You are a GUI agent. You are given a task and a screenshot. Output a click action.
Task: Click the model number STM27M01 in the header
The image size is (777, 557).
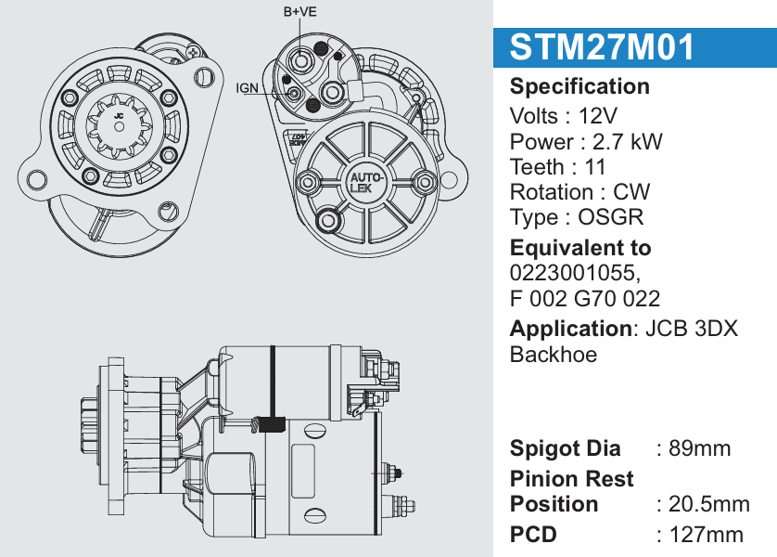(602, 46)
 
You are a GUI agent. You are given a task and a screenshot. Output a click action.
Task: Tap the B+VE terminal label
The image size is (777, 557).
(299, 12)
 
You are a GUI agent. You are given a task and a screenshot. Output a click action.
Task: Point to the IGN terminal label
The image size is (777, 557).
(248, 87)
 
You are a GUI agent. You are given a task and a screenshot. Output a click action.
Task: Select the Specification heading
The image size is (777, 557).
(580, 86)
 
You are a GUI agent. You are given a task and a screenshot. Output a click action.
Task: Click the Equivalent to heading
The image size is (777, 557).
(580, 248)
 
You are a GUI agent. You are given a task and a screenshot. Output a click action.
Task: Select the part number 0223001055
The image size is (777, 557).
(571, 273)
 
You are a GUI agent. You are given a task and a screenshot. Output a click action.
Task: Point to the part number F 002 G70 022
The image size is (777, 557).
(585, 298)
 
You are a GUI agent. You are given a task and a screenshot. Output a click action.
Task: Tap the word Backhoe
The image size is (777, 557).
(554, 354)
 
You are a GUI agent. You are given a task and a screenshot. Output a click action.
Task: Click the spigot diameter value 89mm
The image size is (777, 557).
(700, 448)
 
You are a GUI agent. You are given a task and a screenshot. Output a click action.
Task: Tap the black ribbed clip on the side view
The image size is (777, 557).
(270, 424)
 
